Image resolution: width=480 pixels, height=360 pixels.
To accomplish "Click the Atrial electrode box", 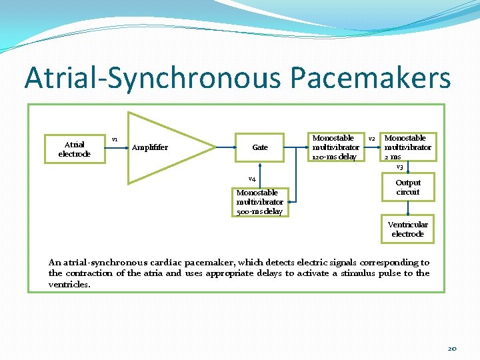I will pos(74,149).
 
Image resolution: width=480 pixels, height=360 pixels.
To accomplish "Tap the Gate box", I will pos(260,147).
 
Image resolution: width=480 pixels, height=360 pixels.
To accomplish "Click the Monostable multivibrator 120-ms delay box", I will pos(336,147).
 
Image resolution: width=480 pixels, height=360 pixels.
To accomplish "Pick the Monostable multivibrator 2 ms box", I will pos(407,147).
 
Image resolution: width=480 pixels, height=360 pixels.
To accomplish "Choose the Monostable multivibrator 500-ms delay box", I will pos(259,202).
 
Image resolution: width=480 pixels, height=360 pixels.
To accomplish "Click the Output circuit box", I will pos(407,187).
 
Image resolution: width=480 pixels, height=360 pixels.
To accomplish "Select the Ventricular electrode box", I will pos(407,229).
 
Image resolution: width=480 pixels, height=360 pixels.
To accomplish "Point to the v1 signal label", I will pos(115,139).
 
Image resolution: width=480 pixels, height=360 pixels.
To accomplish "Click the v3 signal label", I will pos(399,167).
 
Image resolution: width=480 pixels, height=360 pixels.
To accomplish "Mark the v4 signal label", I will pos(253,179).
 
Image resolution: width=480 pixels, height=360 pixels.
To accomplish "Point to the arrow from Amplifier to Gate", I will pos(225,147).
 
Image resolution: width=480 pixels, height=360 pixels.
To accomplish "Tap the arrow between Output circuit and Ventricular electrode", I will pos(407,207).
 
